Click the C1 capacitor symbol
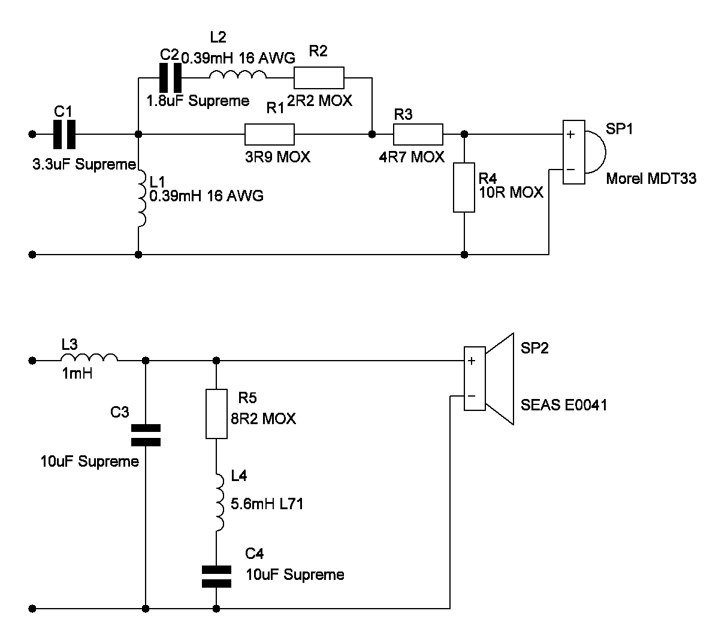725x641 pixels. (65, 135)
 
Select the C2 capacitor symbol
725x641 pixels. (170, 78)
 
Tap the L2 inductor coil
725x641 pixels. (238, 74)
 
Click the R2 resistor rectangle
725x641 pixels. (319, 78)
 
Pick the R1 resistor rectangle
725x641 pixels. (270, 135)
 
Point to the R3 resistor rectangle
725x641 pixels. (418, 135)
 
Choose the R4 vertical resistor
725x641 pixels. (464, 188)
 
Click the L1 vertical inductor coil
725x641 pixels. (142, 198)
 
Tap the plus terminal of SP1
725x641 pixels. (571, 135)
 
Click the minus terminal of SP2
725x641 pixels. (472, 396)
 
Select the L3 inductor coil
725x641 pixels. (89, 357)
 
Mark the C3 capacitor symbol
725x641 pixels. (146, 435)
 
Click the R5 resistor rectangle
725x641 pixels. (216, 414)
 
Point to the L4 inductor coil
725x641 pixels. (220, 503)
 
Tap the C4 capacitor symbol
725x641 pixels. (216, 576)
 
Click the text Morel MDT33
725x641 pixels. (651, 179)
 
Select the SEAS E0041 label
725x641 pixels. (564, 405)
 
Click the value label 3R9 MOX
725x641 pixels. (277, 157)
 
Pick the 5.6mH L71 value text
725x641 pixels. (267, 504)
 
